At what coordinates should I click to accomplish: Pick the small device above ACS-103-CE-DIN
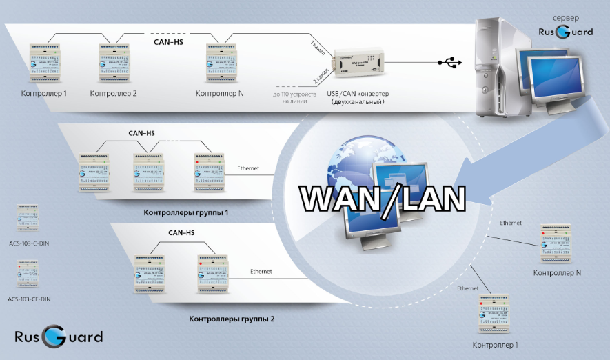pyautogui.click(x=28, y=274)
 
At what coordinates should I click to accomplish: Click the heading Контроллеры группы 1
pyautogui.click(x=186, y=213)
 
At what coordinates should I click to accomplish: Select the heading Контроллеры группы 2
pyautogui.click(x=232, y=319)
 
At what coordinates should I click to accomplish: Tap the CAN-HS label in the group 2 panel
pyautogui.click(x=181, y=233)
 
